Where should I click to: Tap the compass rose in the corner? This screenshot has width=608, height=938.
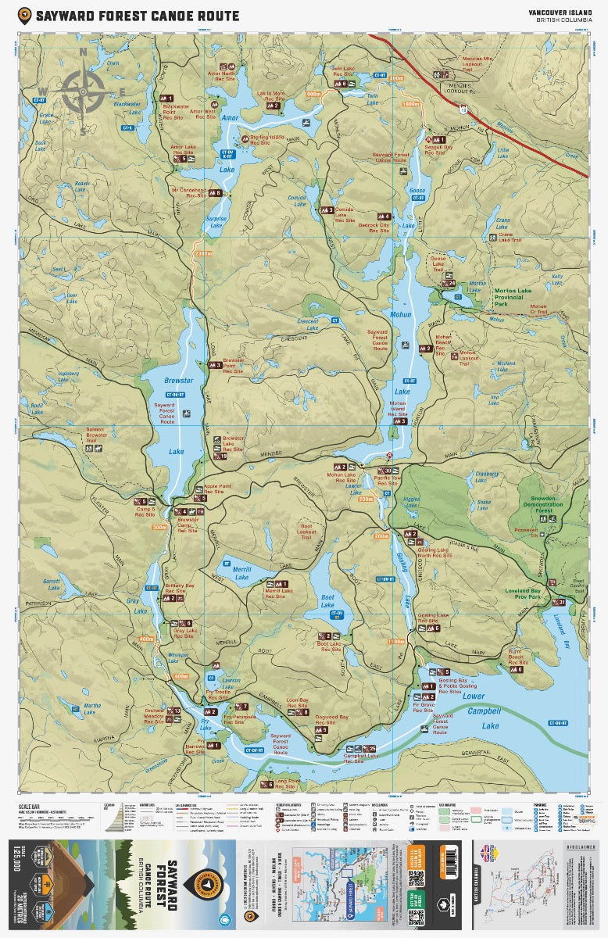pos(84,91)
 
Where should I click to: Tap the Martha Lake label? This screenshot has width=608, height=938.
pos(91,709)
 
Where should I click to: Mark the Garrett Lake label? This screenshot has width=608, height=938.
pos(52,583)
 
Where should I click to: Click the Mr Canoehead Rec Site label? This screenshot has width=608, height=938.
pos(188,192)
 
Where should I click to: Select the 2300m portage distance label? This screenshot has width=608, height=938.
pos(203,253)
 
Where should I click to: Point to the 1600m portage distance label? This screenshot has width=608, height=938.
pos(410,104)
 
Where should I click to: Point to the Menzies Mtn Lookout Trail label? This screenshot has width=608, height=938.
pos(477,61)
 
